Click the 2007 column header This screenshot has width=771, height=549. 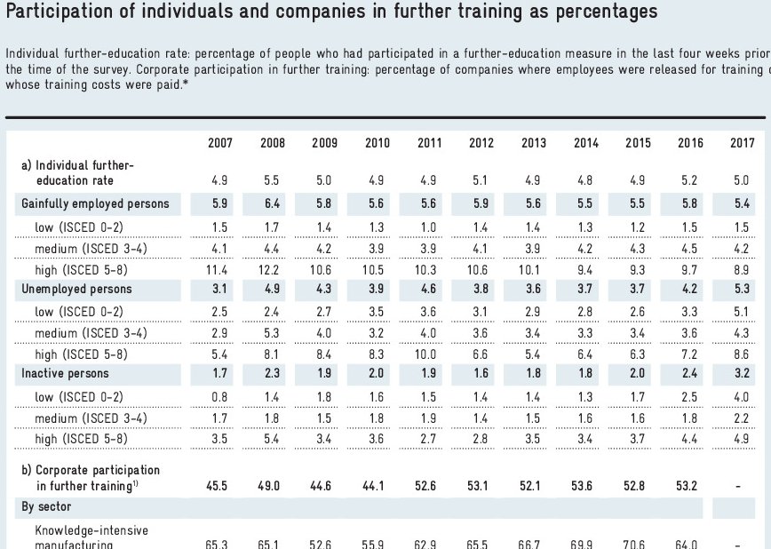[x=220, y=142]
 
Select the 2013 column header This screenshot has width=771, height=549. [x=534, y=142]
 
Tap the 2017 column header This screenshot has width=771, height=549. [x=743, y=142]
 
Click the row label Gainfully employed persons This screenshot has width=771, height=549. [x=95, y=203]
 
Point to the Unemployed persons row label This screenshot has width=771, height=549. [x=76, y=289]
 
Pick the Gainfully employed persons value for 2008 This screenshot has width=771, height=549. [x=273, y=203]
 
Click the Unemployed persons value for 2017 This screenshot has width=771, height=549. [x=743, y=289]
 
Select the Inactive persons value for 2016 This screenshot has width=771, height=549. [x=690, y=374]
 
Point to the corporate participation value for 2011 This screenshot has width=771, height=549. [x=429, y=485]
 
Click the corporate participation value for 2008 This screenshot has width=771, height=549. [x=272, y=485]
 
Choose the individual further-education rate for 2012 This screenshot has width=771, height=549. [x=481, y=180]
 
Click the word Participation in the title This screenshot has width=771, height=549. [x=62, y=12]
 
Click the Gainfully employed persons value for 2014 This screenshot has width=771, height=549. [x=585, y=203]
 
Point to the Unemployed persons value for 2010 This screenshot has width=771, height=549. [x=377, y=289]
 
